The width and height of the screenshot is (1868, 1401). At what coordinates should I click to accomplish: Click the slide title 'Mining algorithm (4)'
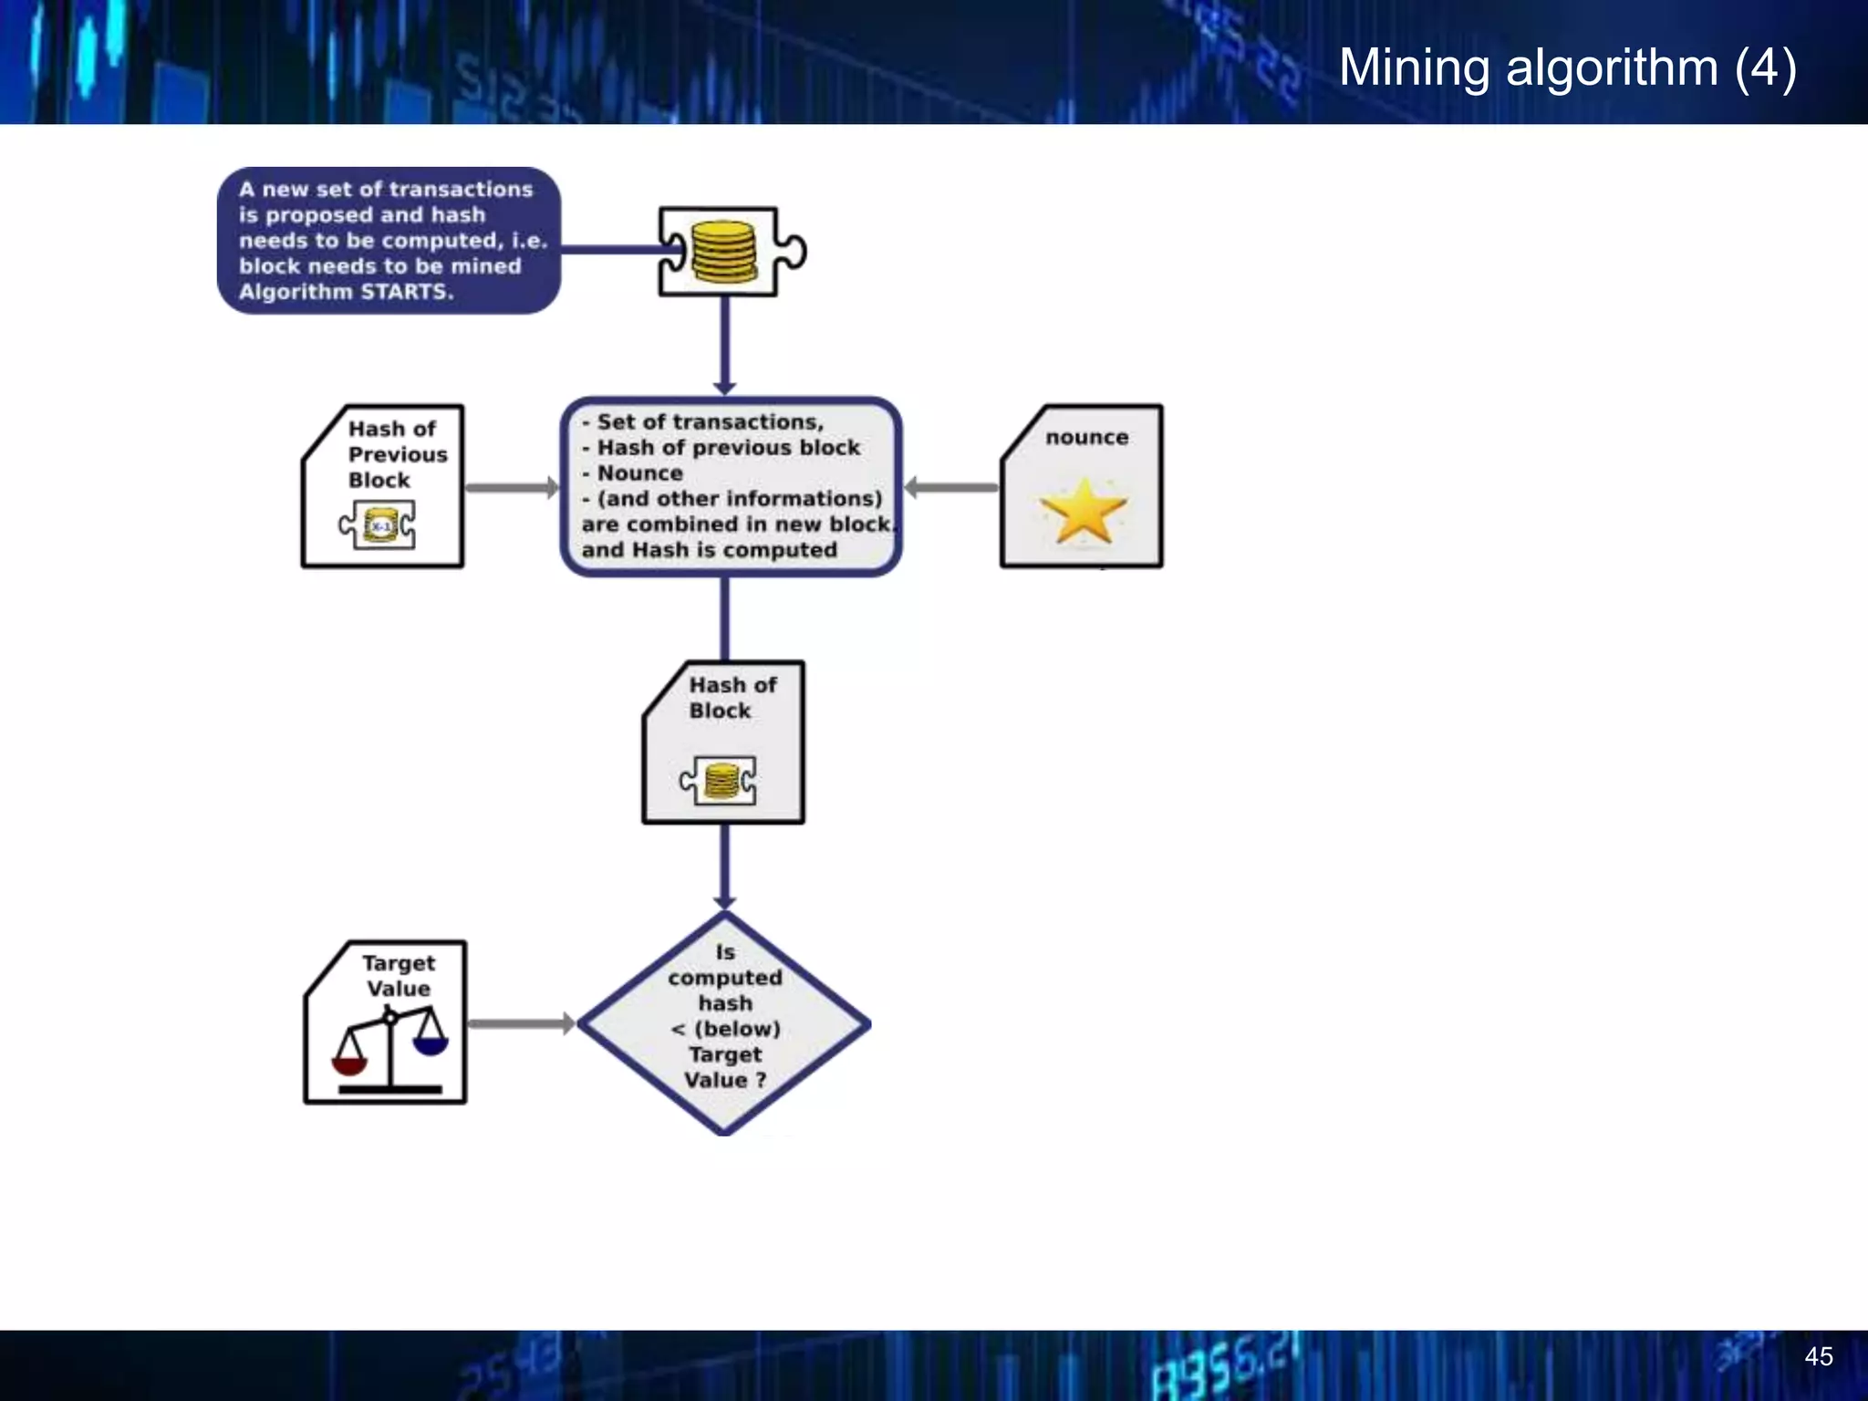(x=1567, y=67)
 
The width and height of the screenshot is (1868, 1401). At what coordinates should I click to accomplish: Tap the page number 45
(x=1818, y=1356)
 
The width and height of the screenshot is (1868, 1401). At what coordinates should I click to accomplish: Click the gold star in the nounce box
(x=1084, y=512)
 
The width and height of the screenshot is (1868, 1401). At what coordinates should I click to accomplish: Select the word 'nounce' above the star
(x=1086, y=438)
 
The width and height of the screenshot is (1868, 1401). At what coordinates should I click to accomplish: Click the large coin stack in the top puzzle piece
(x=724, y=252)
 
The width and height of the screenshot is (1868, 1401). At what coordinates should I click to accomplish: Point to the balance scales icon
(x=390, y=1049)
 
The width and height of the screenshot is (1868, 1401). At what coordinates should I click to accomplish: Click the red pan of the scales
(x=349, y=1064)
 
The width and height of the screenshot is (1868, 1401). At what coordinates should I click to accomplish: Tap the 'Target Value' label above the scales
(x=399, y=976)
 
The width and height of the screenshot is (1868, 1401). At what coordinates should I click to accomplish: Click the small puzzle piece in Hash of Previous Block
(x=378, y=525)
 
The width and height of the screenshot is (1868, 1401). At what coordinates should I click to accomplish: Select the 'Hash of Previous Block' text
(x=397, y=454)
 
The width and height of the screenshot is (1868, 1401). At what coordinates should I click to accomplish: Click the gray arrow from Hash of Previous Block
(x=511, y=488)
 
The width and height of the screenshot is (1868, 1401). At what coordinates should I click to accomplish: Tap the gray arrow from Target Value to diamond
(x=520, y=1023)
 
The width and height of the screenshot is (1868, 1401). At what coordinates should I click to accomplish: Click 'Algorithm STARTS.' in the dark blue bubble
(x=346, y=292)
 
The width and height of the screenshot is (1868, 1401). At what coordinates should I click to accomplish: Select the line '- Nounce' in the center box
(x=633, y=473)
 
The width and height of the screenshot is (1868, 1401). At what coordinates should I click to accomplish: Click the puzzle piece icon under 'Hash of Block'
(x=719, y=781)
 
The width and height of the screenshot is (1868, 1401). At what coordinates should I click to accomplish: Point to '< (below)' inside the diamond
(x=725, y=1029)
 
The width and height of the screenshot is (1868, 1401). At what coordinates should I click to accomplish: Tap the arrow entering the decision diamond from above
(x=725, y=867)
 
